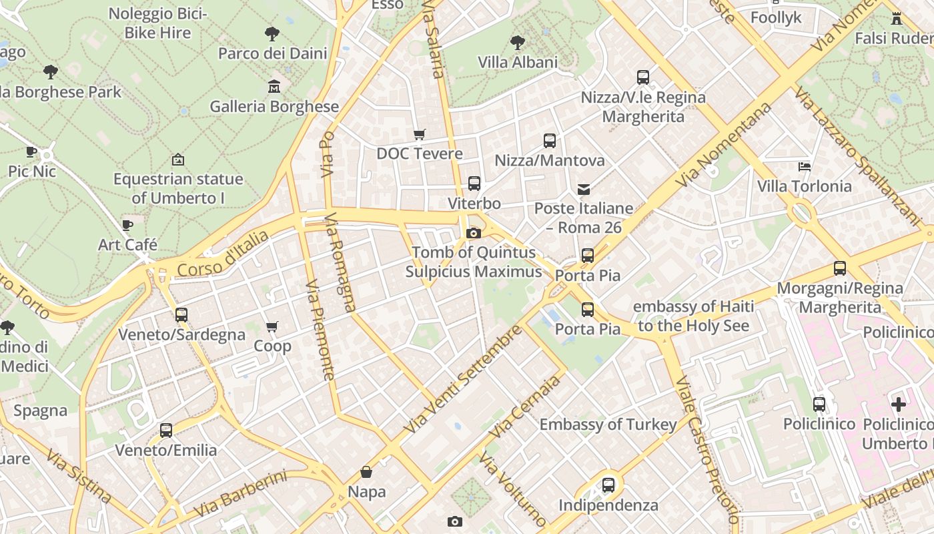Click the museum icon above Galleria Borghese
[274, 87]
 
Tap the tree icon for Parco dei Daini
[272, 33]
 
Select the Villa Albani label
[518, 62]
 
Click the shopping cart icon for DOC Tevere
[420, 135]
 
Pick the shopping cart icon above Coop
[272, 327]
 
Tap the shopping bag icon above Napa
[366, 473]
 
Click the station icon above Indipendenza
[608, 485]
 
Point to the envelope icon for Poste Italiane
[584, 190]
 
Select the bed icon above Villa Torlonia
[805, 167]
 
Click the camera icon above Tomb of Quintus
[473, 233]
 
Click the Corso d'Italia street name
[223, 254]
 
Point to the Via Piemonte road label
[321, 330]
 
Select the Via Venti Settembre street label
[464, 378]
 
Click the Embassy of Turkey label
[608, 425]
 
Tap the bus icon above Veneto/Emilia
[166, 431]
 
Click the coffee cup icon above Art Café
[127, 225]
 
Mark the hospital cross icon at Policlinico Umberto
[899, 404]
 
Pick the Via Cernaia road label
[525, 407]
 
